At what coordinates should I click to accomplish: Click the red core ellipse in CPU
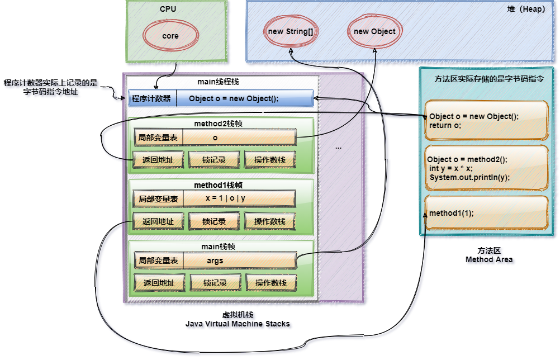(170, 36)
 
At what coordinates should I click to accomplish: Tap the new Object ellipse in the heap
(374, 32)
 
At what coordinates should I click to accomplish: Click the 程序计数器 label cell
(151, 99)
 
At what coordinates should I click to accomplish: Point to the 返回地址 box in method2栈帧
(158, 160)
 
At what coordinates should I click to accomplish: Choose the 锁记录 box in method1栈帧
(215, 221)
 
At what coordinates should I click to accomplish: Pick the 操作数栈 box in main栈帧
(271, 283)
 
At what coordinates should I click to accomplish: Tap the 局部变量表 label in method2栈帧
(158, 137)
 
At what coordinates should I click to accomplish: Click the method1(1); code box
(485, 213)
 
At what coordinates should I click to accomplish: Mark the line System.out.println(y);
(469, 178)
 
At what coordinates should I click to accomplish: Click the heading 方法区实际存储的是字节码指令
(490, 79)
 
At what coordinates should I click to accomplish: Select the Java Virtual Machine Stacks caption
(239, 324)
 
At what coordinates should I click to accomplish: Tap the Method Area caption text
(490, 260)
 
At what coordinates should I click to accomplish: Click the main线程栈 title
(218, 82)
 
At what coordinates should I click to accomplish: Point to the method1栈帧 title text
(218, 184)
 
